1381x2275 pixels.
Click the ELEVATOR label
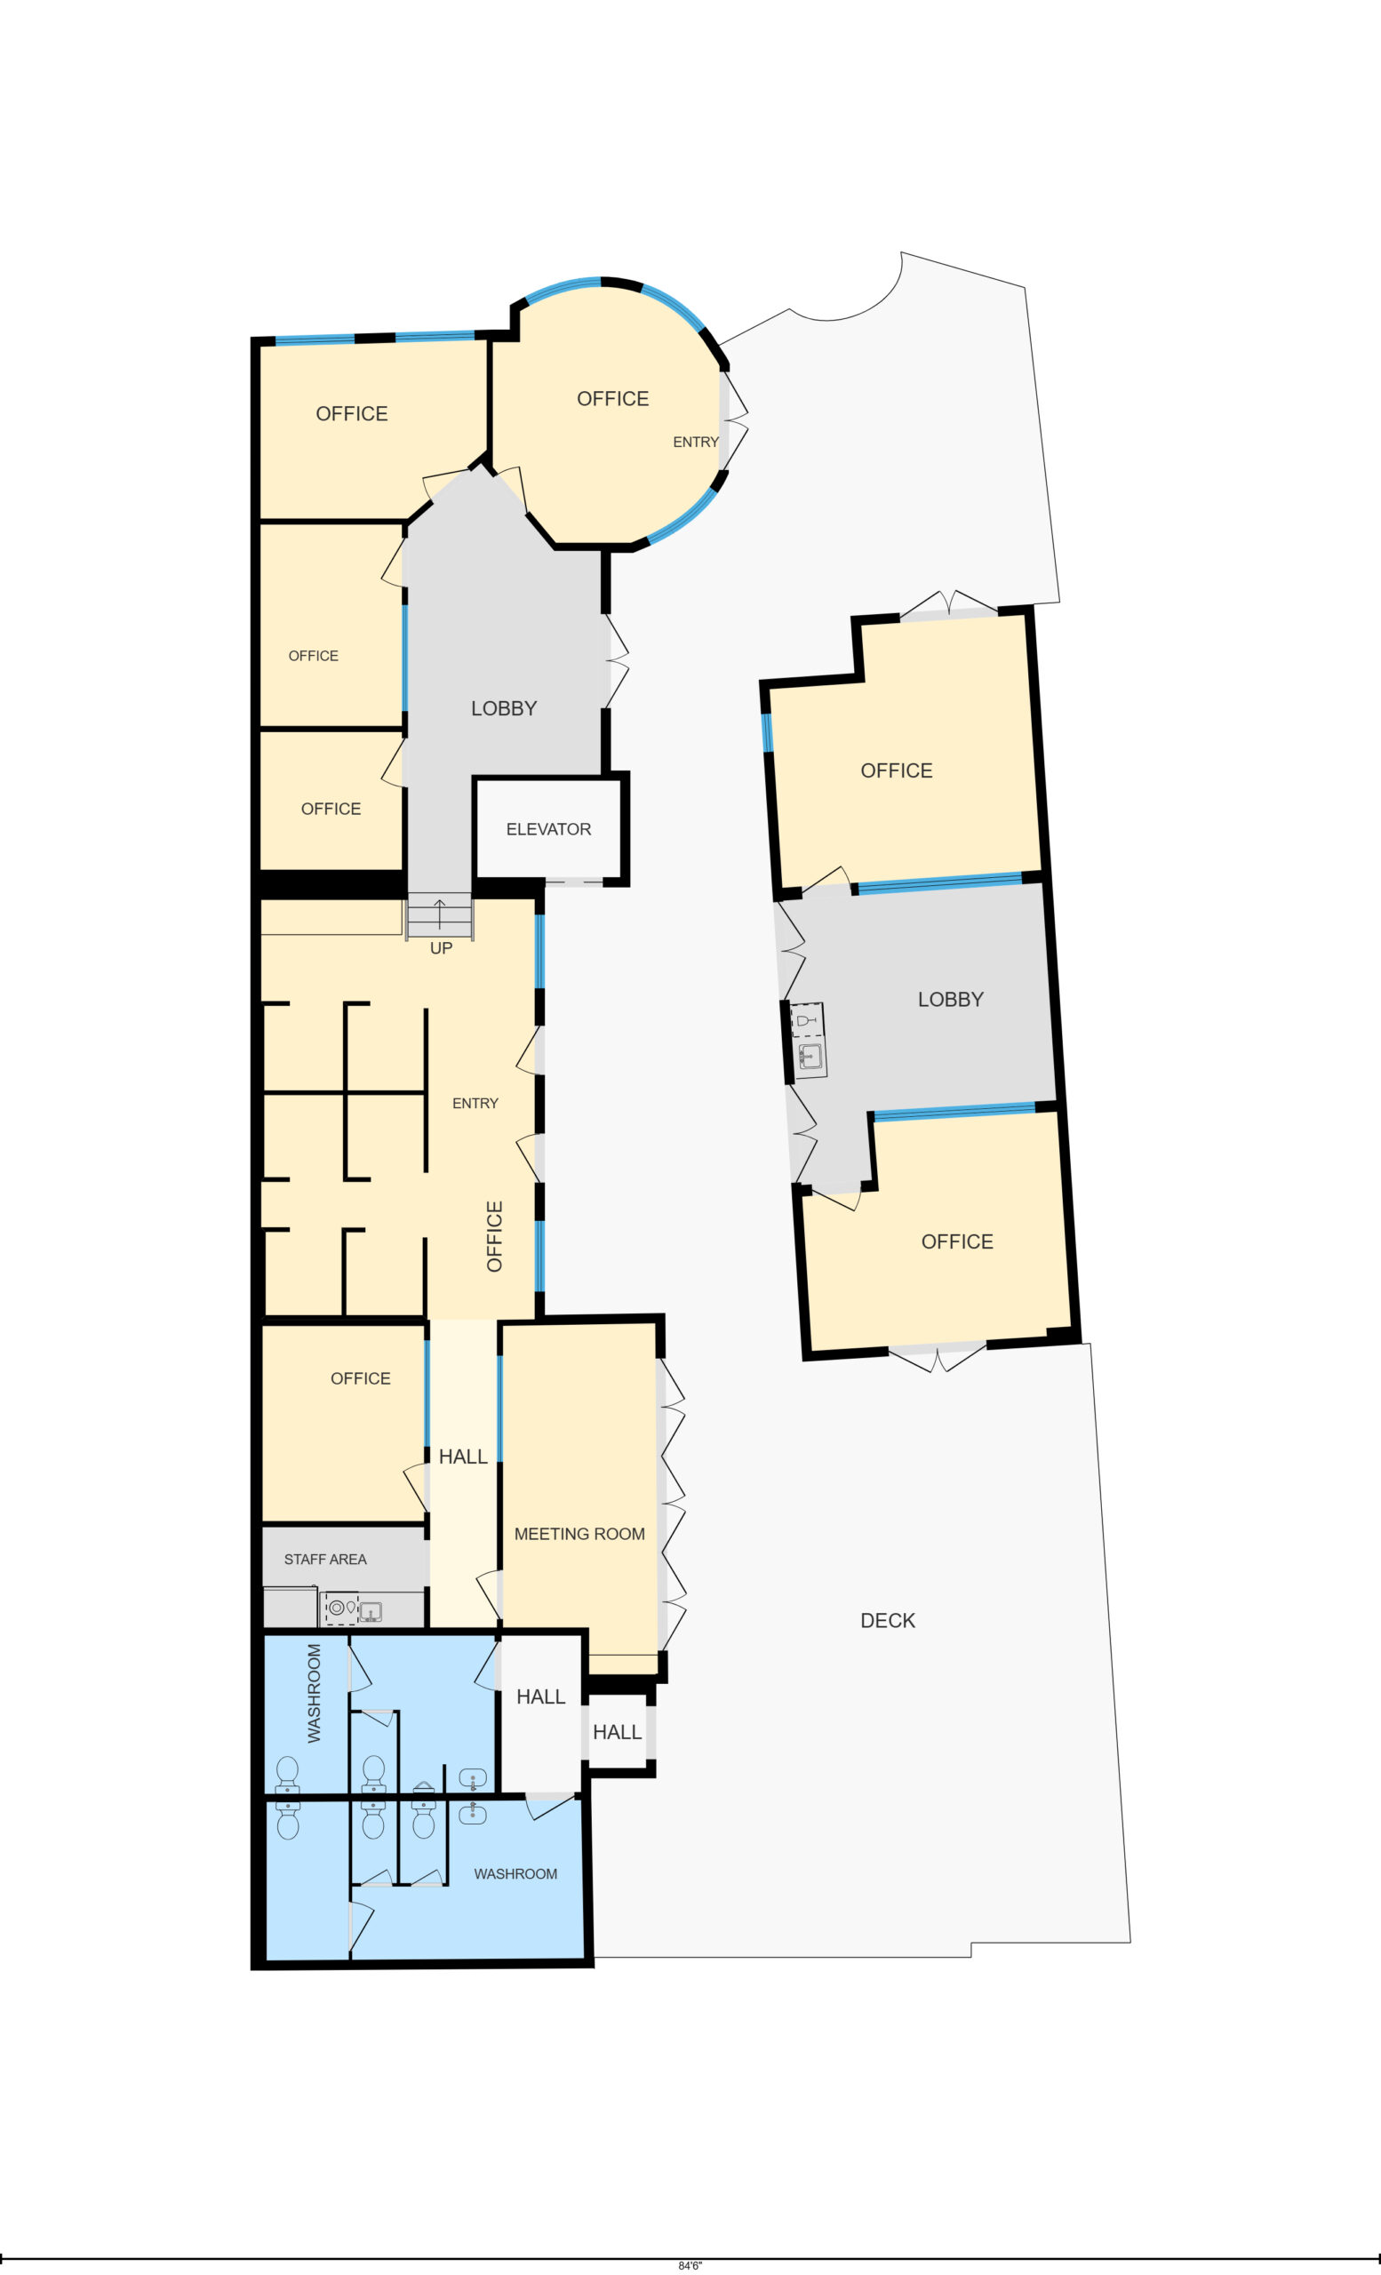(x=548, y=829)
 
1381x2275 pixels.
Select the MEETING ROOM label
(x=579, y=1534)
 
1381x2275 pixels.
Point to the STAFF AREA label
(x=325, y=1560)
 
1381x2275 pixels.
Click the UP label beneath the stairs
(x=442, y=948)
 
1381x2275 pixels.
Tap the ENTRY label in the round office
(x=695, y=443)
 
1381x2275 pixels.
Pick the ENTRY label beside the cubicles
(x=475, y=1104)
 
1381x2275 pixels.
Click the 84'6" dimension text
(x=690, y=2266)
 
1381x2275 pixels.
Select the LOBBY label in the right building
(x=950, y=999)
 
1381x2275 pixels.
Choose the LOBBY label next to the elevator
(x=503, y=708)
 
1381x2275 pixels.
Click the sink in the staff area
(x=371, y=1612)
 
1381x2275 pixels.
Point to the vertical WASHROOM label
(x=314, y=1693)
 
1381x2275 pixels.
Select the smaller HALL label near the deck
(x=617, y=1732)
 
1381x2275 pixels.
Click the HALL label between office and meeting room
(x=462, y=1457)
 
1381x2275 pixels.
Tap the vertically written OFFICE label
(x=494, y=1236)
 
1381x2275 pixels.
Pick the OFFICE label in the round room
(x=612, y=399)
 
